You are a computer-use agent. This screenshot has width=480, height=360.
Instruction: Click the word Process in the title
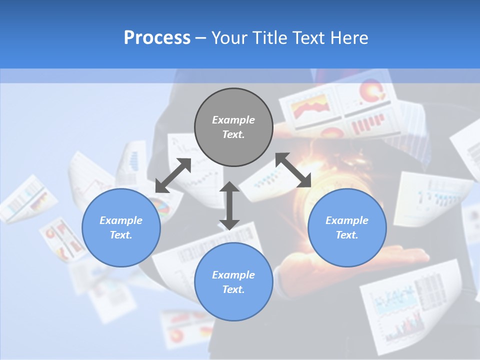(x=157, y=38)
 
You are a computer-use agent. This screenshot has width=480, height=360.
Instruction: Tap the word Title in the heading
(x=273, y=38)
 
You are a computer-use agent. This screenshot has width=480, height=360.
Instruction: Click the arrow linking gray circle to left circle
(x=173, y=175)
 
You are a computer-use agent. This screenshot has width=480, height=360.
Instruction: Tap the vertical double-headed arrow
(x=229, y=205)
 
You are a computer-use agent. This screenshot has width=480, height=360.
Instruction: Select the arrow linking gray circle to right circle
(x=293, y=170)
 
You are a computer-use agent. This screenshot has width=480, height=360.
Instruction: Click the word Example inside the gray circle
(x=233, y=120)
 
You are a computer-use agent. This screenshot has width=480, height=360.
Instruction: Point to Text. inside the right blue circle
(x=347, y=235)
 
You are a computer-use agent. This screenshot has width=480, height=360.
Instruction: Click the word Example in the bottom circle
(x=233, y=275)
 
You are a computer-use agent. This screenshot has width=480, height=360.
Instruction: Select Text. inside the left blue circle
(x=121, y=235)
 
